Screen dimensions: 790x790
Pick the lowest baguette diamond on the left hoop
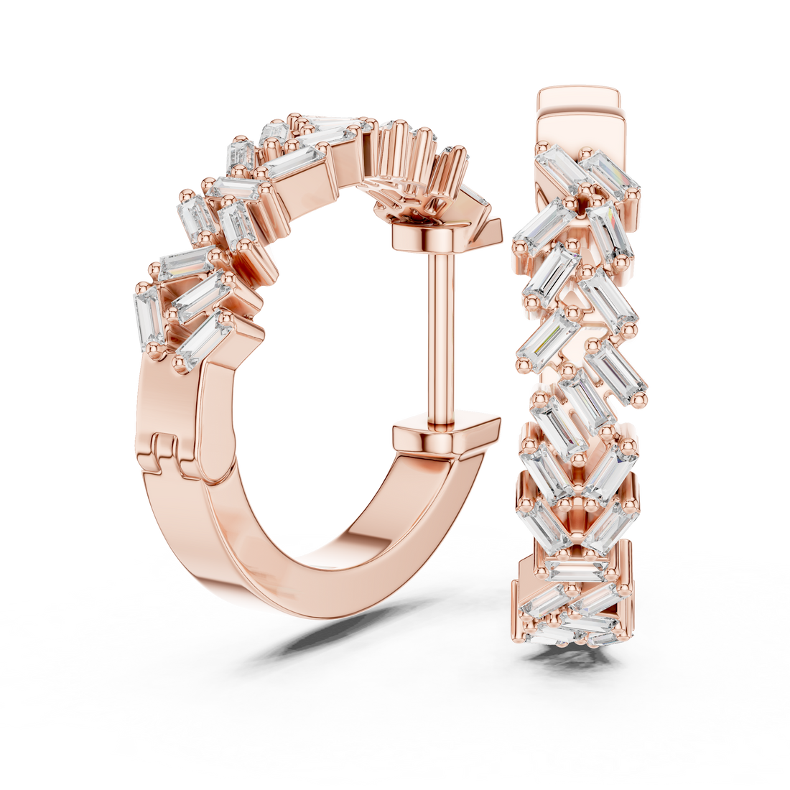pyautogui.click(x=203, y=343)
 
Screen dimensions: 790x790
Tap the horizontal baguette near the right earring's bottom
pyautogui.click(x=575, y=571)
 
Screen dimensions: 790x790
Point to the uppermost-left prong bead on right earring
pyautogui.click(x=538, y=150)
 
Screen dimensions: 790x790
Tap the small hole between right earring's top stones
pyautogui.click(x=584, y=192)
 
